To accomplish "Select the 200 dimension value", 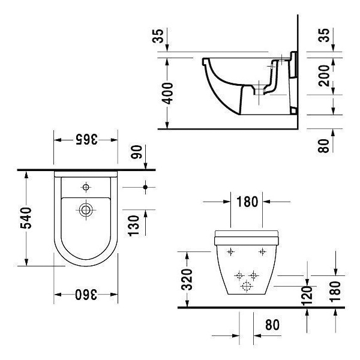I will click(x=325, y=76).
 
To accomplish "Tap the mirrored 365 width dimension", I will click(x=86, y=139).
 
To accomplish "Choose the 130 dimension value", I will click(x=135, y=225).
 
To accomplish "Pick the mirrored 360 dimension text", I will click(x=86, y=295).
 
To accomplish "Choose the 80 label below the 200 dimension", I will click(x=325, y=146).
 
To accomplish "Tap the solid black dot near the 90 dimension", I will click(x=145, y=187).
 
